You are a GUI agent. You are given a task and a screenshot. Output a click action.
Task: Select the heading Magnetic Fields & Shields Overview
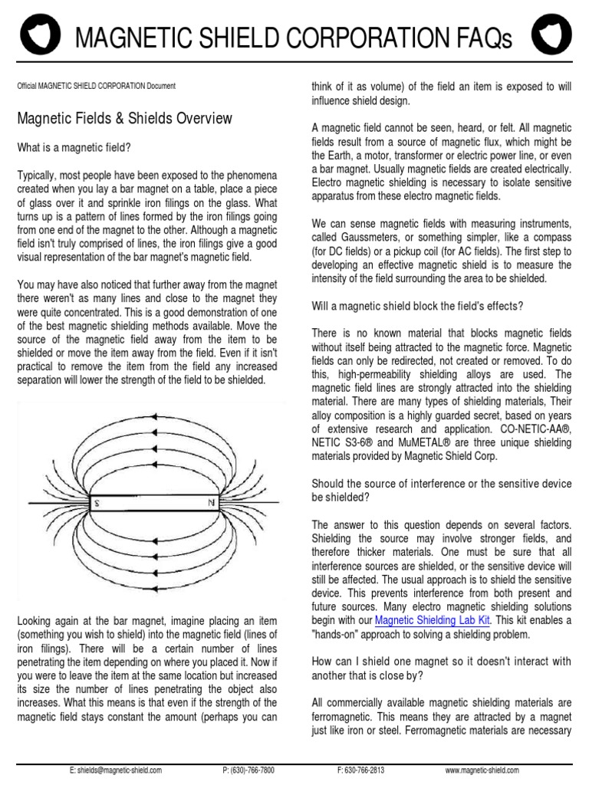(124, 119)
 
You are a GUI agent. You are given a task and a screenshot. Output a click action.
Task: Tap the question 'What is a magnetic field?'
(74, 146)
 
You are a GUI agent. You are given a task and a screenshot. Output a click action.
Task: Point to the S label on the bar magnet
(97, 504)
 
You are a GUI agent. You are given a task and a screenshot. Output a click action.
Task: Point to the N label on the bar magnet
(210, 504)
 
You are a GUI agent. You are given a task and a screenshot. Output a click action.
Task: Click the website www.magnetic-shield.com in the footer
(482, 769)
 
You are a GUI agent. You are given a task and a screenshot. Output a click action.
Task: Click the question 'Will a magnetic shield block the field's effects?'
(417, 306)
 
